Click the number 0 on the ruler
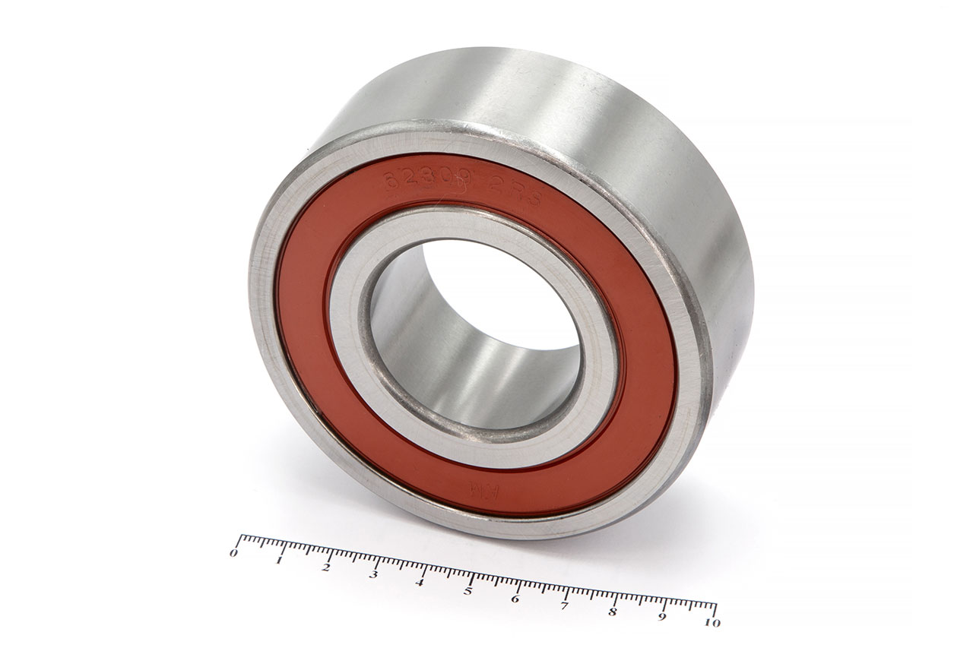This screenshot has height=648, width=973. (x=233, y=553)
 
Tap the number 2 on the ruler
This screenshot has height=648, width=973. (x=326, y=567)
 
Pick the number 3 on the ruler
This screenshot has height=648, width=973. (x=373, y=575)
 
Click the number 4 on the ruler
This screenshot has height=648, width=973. (x=420, y=583)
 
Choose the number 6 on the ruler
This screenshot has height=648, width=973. (x=515, y=599)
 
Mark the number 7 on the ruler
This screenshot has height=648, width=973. (x=563, y=605)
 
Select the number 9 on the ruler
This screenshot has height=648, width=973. (x=663, y=618)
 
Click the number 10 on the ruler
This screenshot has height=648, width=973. (x=712, y=623)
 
